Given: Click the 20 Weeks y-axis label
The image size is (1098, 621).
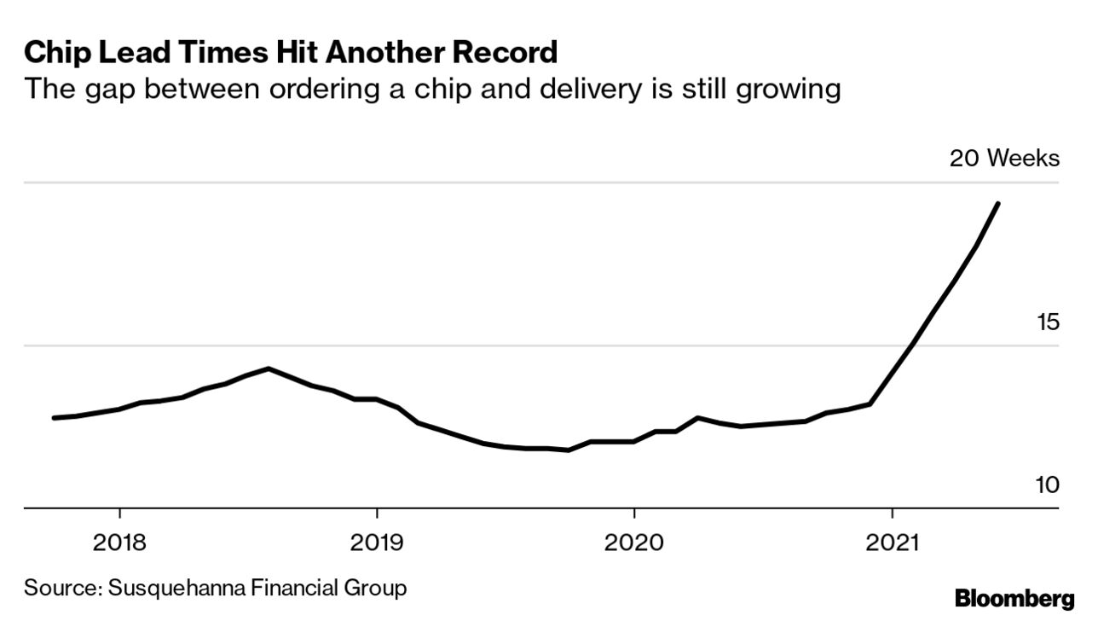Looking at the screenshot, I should click(x=1005, y=159).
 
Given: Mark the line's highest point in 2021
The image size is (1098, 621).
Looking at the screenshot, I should click(x=998, y=203).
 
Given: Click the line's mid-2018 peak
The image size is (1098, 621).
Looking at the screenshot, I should click(x=269, y=369).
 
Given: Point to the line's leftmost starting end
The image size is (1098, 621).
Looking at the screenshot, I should click(x=54, y=418).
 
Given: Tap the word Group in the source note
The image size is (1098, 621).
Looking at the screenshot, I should click(x=379, y=588).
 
